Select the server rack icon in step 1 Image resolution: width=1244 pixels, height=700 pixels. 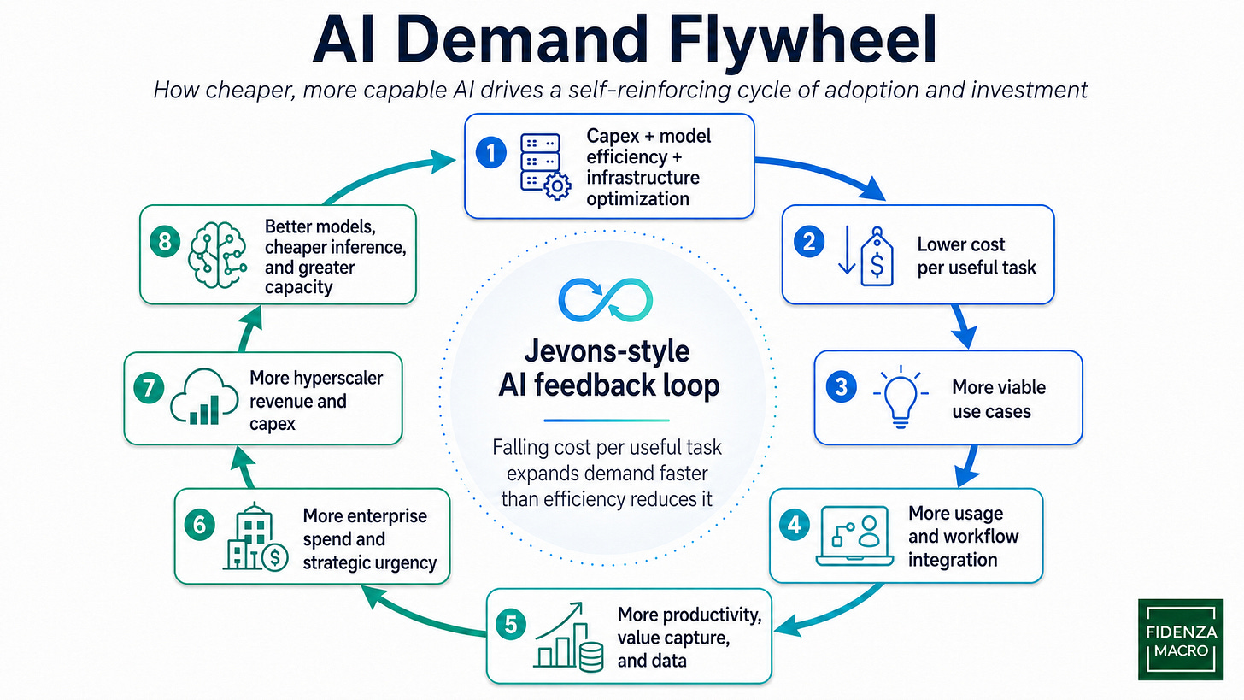coord(541,166)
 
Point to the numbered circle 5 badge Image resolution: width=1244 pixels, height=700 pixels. coord(510,624)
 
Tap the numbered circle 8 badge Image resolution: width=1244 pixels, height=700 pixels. coord(164,242)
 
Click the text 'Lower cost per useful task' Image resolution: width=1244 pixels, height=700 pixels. coord(976,256)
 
